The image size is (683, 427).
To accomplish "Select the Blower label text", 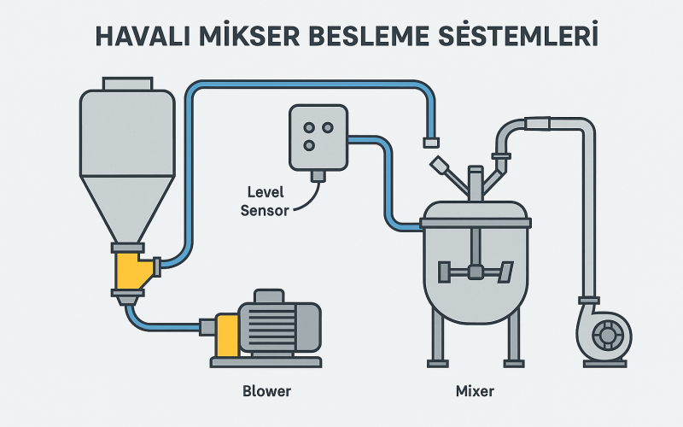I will click(266, 391).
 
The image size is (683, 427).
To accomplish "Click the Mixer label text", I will click(475, 391).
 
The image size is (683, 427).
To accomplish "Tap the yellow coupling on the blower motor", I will click(228, 335).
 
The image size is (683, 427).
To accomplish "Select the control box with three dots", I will click(318, 136).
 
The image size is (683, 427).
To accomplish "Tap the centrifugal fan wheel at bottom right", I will click(607, 336).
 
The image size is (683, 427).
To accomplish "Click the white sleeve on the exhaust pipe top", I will click(539, 125).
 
